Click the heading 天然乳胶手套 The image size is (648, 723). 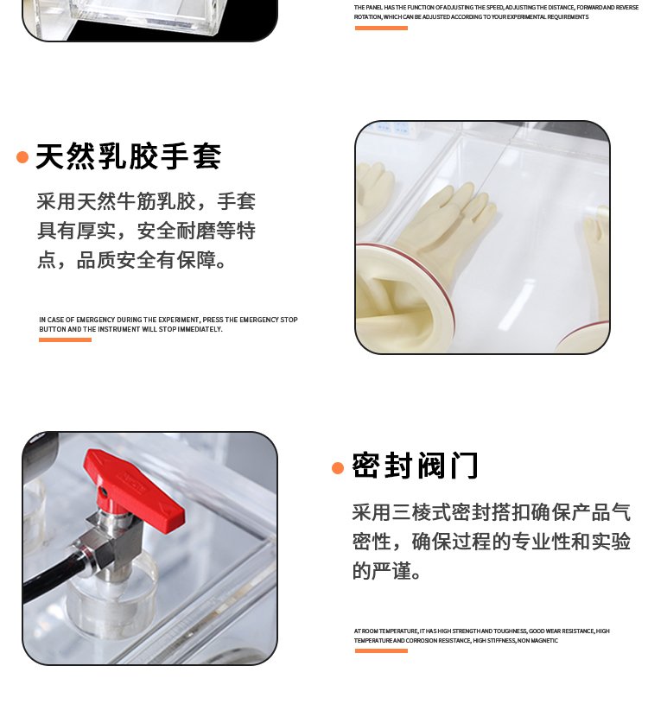[128, 156]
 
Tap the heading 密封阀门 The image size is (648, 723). [415, 466]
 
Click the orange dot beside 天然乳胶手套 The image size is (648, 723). [22, 157]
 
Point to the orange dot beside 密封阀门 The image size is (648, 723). [338, 468]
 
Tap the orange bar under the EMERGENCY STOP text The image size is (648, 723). [65, 339]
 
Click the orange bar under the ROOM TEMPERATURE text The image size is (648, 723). [380, 650]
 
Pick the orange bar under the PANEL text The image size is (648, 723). [380, 28]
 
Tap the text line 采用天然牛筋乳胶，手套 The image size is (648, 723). [146, 202]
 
